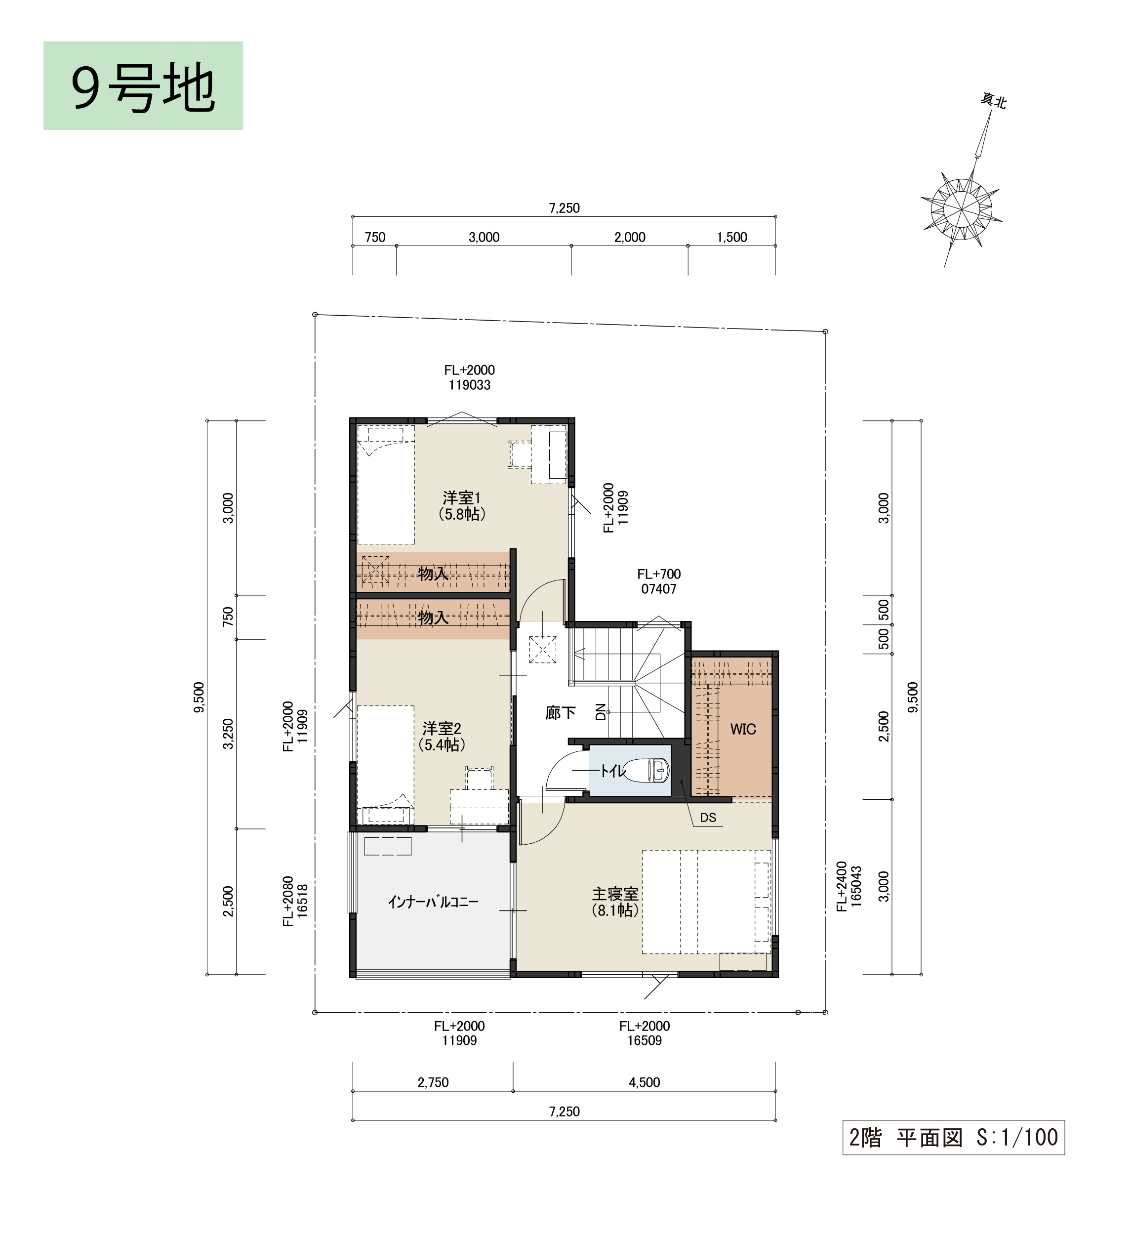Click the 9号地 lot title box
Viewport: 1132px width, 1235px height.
pyautogui.click(x=143, y=86)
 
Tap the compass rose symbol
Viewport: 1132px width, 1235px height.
pyautogui.click(x=961, y=209)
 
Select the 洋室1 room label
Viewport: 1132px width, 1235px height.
pyautogui.click(x=462, y=505)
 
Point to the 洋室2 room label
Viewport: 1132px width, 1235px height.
pyautogui.click(x=442, y=737)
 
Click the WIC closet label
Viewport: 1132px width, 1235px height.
pyautogui.click(x=743, y=730)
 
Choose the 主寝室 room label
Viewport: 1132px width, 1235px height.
pyautogui.click(x=615, y=903)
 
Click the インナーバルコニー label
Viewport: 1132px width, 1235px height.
pyautogui.click(x=433, y=902)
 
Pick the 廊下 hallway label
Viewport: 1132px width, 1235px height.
pyautogui.click(x=561, y=712)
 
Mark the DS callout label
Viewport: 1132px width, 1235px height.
pyautogui.click(x=708, y=818)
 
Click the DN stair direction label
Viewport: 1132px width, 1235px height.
pyautogui.click(x=600, y=712)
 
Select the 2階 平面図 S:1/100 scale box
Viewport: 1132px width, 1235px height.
pyautogui.click(x=954, y=1138)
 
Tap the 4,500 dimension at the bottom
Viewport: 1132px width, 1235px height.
pyautogui.click(x=645, y=1082)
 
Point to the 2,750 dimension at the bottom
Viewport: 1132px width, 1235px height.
pyautogui.click(x=433, y=1082)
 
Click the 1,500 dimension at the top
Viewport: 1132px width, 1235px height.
pyautogui.click(x=732, y=238)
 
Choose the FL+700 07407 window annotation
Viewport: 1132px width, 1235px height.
pyautogui.click(x=659, y=581)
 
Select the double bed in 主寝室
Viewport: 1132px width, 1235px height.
pyautogui.click(x=706, y=902)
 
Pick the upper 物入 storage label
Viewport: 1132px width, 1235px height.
pyautogui.click(x=433, y=574)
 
